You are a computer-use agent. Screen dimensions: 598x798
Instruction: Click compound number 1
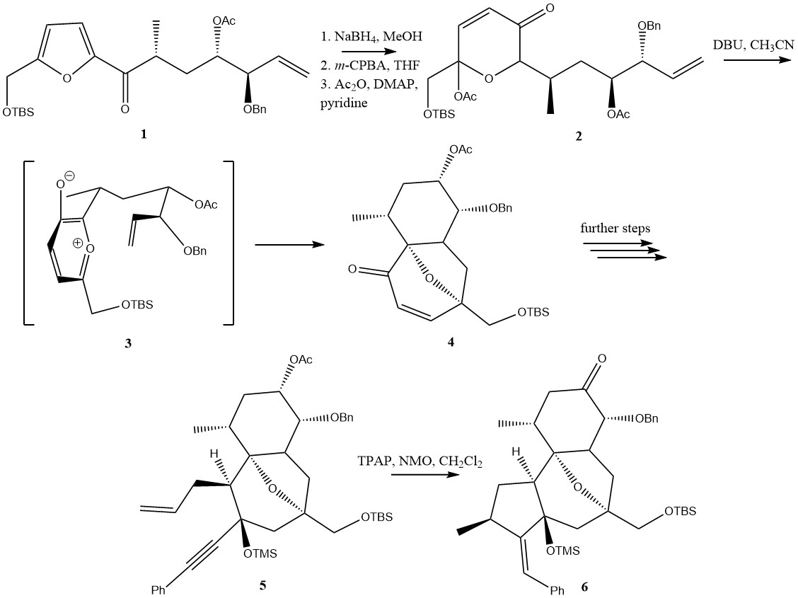coord(144,133)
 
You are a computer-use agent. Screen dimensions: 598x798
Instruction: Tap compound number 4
coord(450,343)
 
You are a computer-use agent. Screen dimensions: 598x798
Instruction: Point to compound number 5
coord(262,586)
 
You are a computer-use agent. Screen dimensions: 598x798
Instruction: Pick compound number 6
coord(584,586)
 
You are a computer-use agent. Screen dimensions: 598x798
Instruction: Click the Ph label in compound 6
coord(557,590)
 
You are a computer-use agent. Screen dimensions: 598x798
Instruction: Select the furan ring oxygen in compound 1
coord(66,78)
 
